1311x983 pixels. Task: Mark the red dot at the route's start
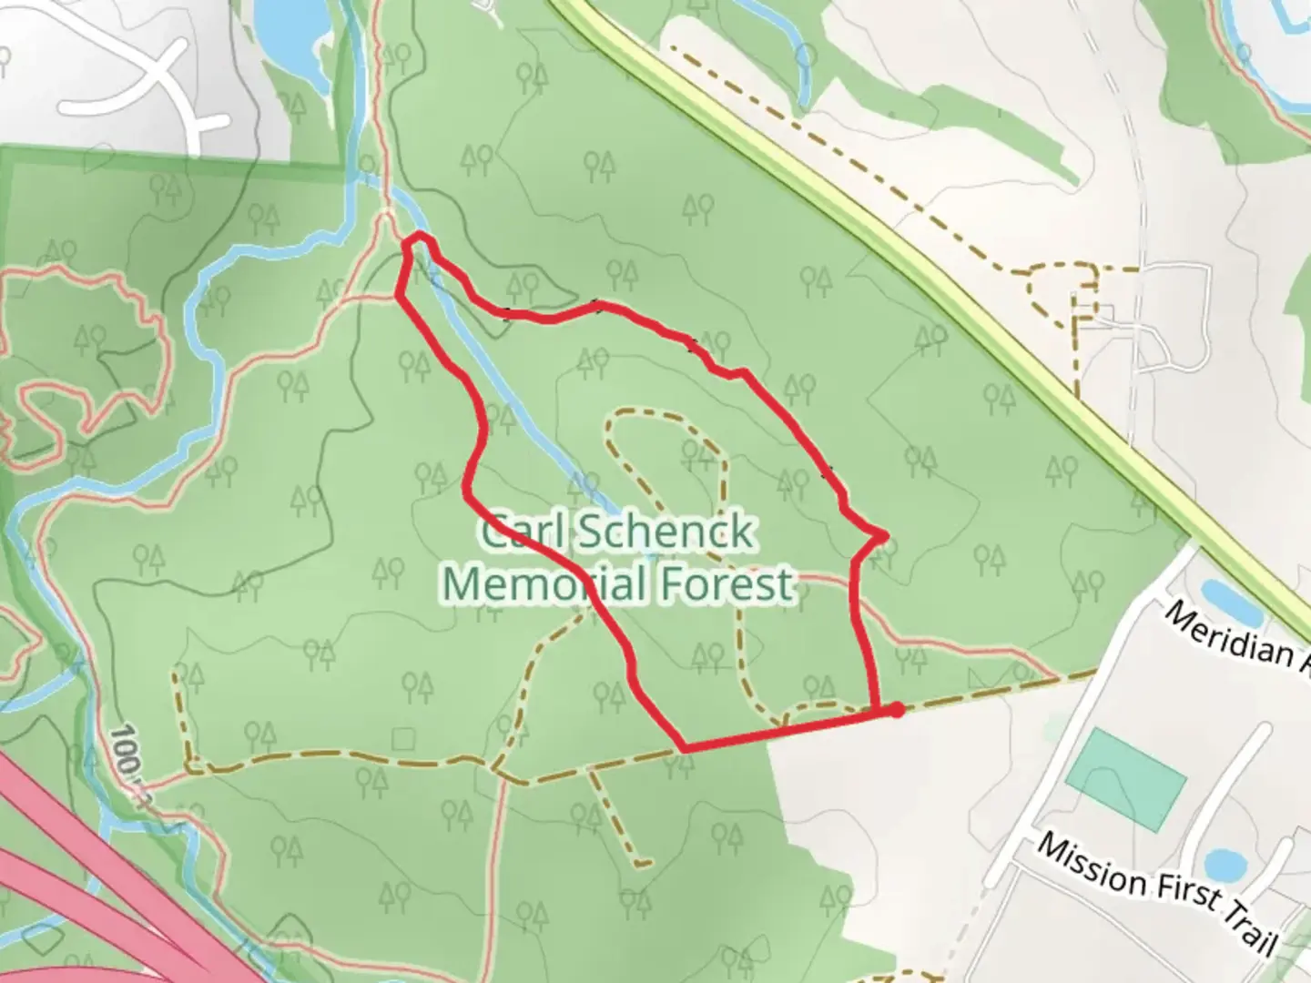coord(897,710)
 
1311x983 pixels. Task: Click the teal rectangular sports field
coord(1125,779)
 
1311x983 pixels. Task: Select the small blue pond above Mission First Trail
coord(1219,864)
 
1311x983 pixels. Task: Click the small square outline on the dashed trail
coord(402,736)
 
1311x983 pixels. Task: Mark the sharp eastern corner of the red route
coord(885,536)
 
